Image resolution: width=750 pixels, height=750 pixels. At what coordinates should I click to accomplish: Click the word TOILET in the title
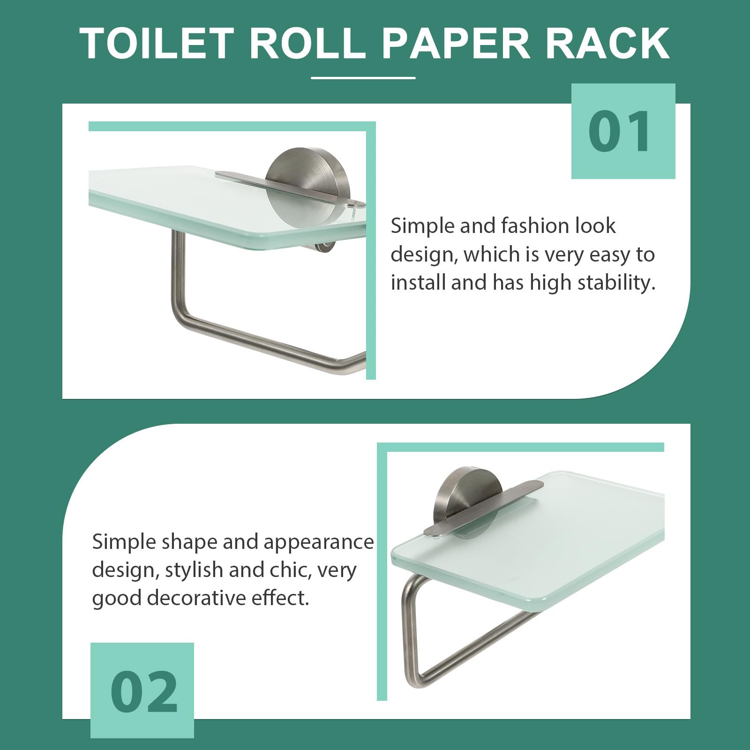point(157,44)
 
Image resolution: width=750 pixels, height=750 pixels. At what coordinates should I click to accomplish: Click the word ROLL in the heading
point(307,44)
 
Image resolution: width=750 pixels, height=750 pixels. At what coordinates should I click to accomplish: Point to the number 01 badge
point(623,131)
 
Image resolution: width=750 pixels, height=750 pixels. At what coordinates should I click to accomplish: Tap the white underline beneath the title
point(363,78)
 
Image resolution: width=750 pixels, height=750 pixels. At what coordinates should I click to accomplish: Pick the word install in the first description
point(418,283)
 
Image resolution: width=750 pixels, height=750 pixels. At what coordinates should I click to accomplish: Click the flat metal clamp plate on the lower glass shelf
point(483,508)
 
